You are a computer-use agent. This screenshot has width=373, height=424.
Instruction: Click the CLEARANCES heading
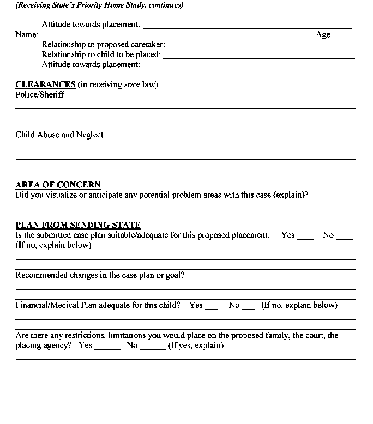point(45,84)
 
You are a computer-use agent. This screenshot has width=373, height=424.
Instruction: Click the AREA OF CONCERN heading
point(58,185)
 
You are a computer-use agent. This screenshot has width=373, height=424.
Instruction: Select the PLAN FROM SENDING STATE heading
point(78,225)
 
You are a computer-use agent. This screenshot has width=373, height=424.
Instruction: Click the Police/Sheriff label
point(41,95)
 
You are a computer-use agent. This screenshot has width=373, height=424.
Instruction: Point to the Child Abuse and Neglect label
point(60,135)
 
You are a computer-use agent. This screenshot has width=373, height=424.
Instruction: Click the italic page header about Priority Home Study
point(99,5)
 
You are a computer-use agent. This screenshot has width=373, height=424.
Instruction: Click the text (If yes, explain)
point(195,346)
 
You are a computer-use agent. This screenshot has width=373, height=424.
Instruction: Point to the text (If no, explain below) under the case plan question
point(53,245)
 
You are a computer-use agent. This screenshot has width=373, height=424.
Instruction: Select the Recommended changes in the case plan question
point(100,275)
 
